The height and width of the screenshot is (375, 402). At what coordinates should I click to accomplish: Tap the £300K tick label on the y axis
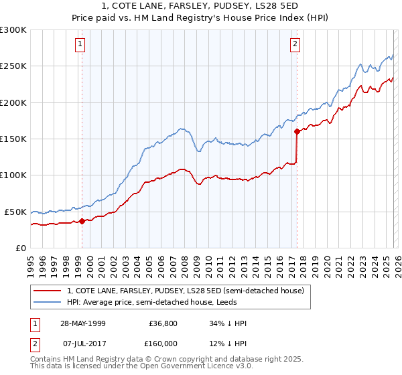tap(13, 30)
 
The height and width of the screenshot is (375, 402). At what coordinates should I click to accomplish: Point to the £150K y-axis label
tap(13, 139)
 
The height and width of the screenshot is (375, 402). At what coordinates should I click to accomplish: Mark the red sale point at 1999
tap(82, 221)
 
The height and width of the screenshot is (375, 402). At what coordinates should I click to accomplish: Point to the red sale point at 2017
tap(296, 132)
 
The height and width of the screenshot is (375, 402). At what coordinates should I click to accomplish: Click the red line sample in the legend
tap(48, 291)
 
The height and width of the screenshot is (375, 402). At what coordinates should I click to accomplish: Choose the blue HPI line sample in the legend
tap(48, 302)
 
